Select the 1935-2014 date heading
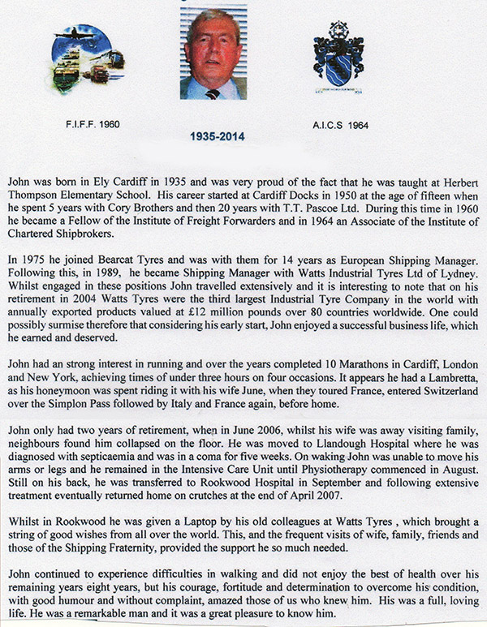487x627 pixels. point(213,136)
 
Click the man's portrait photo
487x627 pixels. point(213,54)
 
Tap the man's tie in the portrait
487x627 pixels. point(212,92)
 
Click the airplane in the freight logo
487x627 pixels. point(77,38)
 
